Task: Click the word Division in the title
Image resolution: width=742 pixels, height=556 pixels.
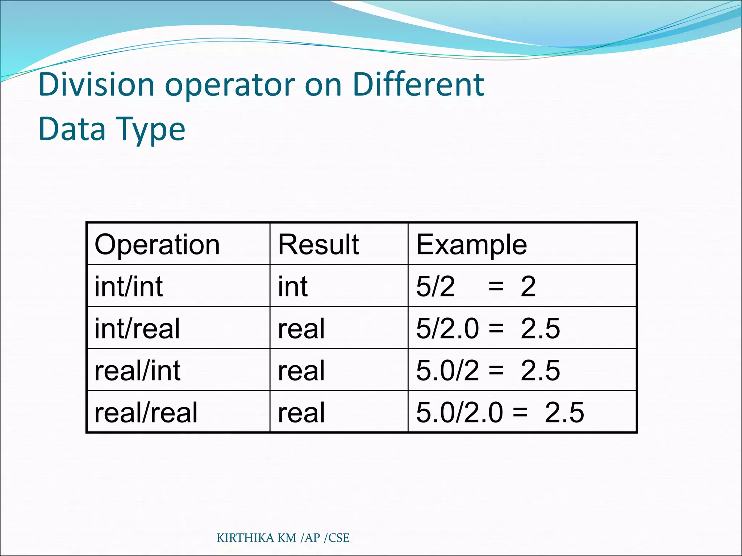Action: (x=96, y=85)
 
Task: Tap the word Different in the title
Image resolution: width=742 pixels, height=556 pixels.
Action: (x=418, y=85)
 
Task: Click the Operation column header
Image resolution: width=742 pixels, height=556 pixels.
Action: (x=157, y=244)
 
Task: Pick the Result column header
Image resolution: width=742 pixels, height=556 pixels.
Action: (x=318, y=244)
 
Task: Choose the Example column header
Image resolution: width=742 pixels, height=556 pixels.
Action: (x=471, y=244)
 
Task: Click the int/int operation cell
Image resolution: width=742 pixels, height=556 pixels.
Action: (x=129, y=286)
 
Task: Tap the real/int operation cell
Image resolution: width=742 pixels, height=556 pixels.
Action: (x=137, y=370)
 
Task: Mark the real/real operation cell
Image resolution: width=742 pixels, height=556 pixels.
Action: (x=146, y=412)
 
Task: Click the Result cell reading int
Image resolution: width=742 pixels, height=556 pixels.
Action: (x=293, y=286)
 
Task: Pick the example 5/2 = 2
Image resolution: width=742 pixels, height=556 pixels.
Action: (x=476, y=286)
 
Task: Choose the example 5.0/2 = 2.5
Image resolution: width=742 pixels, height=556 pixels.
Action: (x=488, y=370)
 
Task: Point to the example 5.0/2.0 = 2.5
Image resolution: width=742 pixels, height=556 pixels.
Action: (x=500, y=412)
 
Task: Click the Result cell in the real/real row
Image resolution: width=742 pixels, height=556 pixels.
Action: (x=301, y=412)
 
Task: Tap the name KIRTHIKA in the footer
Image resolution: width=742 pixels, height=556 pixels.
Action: (x=245, y=538)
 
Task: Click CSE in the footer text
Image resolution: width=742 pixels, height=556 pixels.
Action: (x=339, y=538)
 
